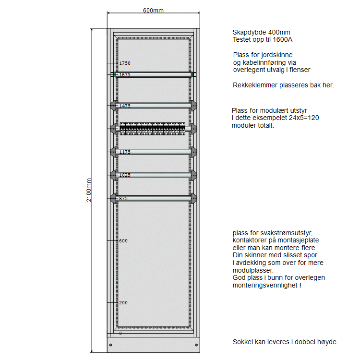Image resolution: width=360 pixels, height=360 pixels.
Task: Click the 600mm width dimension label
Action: point(153,11)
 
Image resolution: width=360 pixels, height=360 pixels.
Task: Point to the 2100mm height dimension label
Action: point(89,190)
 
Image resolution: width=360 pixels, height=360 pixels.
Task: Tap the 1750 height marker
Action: point(125,63)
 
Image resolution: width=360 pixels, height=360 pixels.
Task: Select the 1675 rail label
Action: point(125,74)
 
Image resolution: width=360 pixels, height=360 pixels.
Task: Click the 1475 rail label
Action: point(125,106)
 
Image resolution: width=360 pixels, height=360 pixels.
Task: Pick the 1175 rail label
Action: point(125,152)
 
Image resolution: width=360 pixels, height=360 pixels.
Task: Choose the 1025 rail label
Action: point(125,175)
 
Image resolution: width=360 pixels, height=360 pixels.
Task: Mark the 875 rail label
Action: point(123,198)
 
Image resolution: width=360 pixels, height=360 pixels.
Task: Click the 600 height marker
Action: point(123,241)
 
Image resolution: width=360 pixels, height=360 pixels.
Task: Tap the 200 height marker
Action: point(123,303)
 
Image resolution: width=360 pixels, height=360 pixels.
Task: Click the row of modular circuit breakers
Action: point(153,129)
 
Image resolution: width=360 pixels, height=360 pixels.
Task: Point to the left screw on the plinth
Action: point(111,345)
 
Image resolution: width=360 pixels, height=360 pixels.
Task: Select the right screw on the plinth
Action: point(196,345)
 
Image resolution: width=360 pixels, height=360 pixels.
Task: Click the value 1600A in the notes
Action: point(282,39)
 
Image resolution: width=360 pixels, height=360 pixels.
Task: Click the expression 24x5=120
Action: point(304,118)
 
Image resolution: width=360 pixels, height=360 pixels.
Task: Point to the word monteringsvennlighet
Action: point(265,286)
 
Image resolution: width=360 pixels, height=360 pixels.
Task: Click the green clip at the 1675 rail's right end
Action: point(192,74)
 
